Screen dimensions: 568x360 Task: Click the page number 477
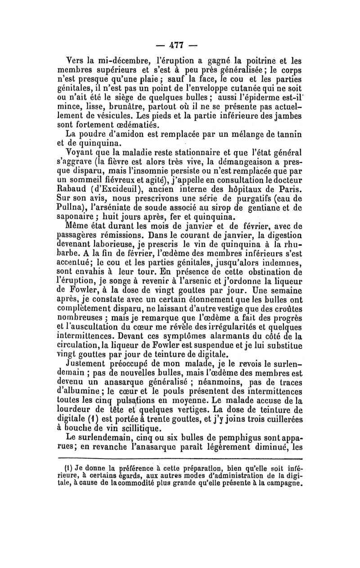click(x=180, y=45)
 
